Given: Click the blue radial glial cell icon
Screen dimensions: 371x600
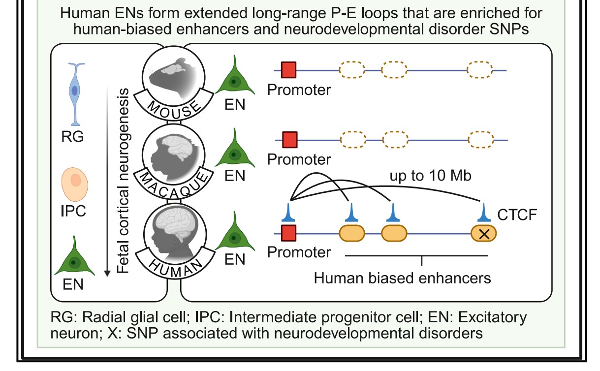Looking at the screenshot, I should [x=75, y=93].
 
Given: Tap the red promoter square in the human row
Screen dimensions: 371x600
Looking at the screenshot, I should [x=288, y=233].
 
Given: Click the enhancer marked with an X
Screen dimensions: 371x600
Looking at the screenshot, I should [x=484, y=233].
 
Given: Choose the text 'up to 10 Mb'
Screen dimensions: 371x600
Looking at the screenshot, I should [x=431, y=176].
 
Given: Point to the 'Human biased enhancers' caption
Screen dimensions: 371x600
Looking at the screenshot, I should [x=403, y=278].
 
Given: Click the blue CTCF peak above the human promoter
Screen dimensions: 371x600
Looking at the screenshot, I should [x=289, y=212].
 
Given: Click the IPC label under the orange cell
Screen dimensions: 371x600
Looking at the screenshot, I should [x=73, y=211].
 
